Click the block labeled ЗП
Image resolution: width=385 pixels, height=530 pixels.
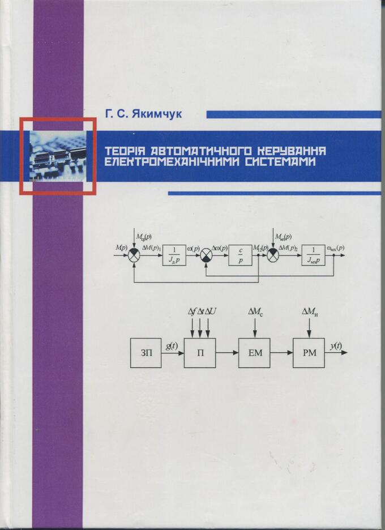[x=146, y=352]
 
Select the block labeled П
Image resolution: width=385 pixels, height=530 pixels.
[x=200, y=352]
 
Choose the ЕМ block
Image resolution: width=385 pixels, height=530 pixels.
[x=254, y=352]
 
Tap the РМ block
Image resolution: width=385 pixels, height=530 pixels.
[x=309, y=352]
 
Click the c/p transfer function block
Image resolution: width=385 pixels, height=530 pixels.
[x=240, y=255]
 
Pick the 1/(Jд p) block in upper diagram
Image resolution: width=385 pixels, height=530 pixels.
[x=174, y=255]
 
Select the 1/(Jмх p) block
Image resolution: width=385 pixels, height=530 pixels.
[x=313, y=255]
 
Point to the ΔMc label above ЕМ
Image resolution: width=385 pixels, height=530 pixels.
[x=254, y=311]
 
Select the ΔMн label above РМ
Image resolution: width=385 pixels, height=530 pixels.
[x=309, y=311]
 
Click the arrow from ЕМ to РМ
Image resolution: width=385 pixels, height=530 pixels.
[x=282, y=352]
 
